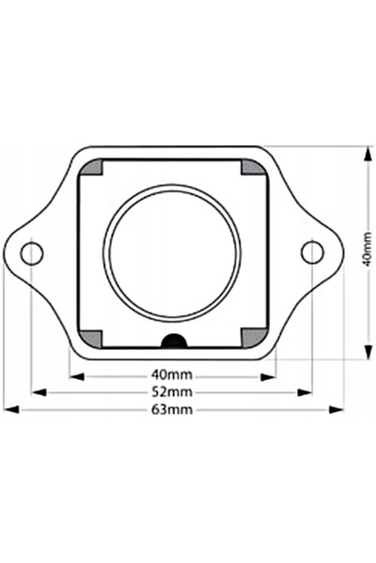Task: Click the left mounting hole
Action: [32, 253]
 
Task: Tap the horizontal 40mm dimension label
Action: [172, 374]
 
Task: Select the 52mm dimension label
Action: [172, 391]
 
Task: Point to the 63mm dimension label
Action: [172, 409]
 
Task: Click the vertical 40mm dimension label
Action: [368, 249]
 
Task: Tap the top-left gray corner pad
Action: [92, 168]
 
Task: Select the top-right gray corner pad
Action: [253, 167]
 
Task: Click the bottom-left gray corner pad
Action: [90, 339]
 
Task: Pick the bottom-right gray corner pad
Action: [253, 339]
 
